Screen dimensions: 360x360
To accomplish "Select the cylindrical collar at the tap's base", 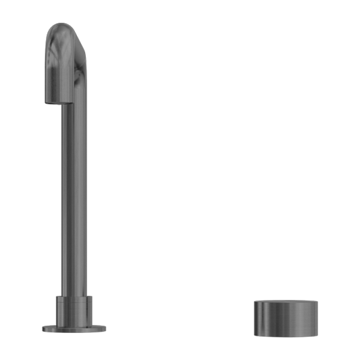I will pos(76,311).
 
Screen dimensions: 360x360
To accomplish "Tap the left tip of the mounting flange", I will pos(45,329).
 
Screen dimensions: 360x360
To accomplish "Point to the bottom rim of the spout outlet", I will pos(58,104).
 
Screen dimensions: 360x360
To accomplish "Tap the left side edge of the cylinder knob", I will pos(254,315).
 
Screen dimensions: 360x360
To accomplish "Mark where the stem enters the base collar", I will pos(76,297).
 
